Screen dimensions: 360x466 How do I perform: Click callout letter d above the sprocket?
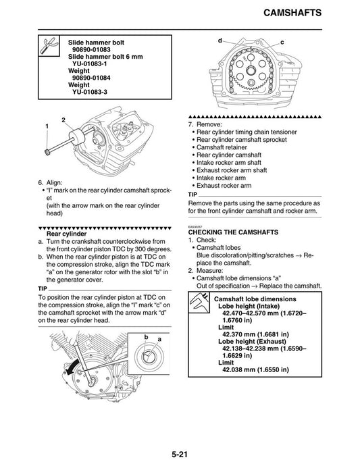pyautogui.click(x=220, y=41)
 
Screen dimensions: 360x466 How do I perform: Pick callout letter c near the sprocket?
pyautogui.click(x=282, y=43)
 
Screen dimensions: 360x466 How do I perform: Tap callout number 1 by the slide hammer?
pyautogui.click(x=47, y=127)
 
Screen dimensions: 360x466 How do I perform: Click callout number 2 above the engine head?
pyautogui.click(x=63, y=120)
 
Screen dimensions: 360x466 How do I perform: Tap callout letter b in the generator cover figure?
pyautogui.click(x=145, y=336)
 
